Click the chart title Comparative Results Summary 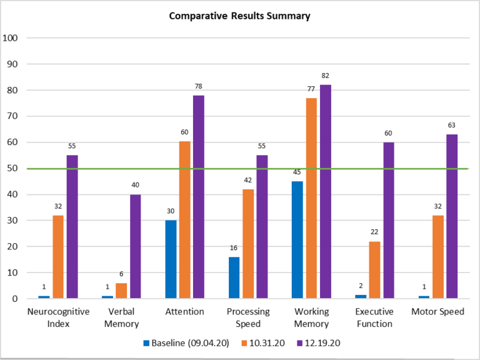[x=239, y=16]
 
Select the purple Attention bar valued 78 [x=198, y=197]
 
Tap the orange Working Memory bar [x=311, y=198]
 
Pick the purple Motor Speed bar [x=452, y=216]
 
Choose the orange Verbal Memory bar [x=121, y=291]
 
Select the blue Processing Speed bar [x=234, y=277]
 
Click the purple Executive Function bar [x=388, y=220]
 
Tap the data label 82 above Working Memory [x=325, y=76]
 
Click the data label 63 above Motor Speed [x=451, y=125]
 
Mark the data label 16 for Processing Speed [x=234, y=247]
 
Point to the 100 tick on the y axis [x=12, y=37]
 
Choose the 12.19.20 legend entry [x=319, y=343]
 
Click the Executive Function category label [x=374, y=317]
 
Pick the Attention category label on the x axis [x=184, y=311]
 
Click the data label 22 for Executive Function [x=374, y=232]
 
